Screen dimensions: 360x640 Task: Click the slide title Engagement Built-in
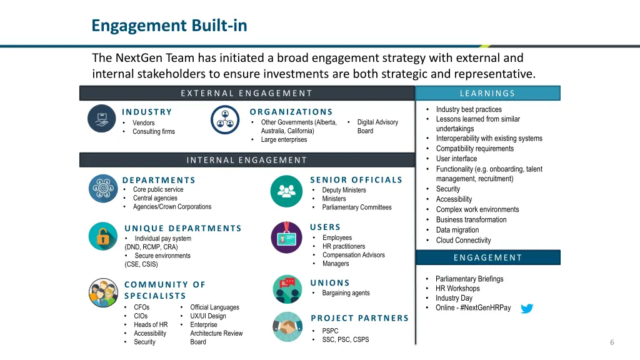pyautogui.click(x=169, y=26)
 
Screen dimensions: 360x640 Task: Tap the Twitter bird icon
pyautogui.click(x=527, y=308)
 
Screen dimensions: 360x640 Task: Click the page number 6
pyautogui.click(x=612, y=342)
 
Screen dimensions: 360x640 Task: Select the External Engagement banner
pyautogui.click(x=247, y=93)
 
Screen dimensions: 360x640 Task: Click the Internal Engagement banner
pyautogui.click(x=247, y=160)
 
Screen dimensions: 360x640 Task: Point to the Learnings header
pyautogui.click(x=487, y=93)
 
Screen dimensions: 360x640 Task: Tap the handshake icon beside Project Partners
pyautogui.click(x=287, y=326)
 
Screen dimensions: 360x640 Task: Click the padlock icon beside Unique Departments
pyautogui.click(x=102, y=236)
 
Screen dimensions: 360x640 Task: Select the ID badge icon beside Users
pyautogui.click(x=286, y=237)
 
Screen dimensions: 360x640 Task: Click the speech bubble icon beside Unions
pyautogui.click(x=287, y=289)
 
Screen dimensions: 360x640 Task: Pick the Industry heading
pyautogui.click(x=147, y=112)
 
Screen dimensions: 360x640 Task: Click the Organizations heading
pyautogui.click(x=291, y=112)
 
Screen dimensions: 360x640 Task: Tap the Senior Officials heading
pyautogui.click(x=356, y=180)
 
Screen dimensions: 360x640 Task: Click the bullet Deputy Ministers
pyautogui.click(x=344, y=190)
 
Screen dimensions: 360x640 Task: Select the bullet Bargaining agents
pyautogui.click(x=346, y=293)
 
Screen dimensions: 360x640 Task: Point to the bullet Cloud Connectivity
pyautogui.click(x=463, y=240)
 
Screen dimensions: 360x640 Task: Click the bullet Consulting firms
pyautogui.click(x=154, y=131)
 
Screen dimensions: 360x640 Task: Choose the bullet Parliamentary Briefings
pyautogui.click(x=469, y=279)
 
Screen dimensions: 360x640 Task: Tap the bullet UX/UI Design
pyautogui.click(x=208, y=316)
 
